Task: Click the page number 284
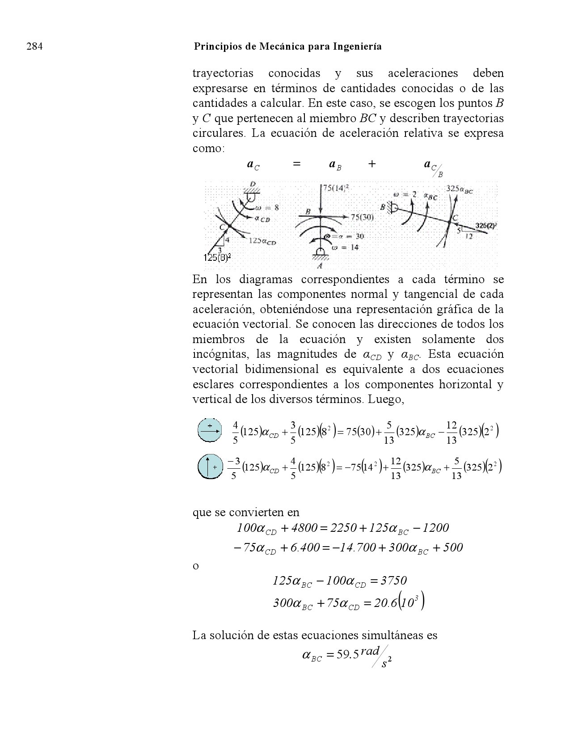(x=34, y=47)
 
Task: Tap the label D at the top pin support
(x=253, y=184)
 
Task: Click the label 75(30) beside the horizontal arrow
(x=362, y=217)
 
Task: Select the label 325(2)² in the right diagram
(x=486, y=226)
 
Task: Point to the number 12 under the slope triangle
(x=469, y=236)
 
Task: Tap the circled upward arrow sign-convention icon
(x=210, y=467)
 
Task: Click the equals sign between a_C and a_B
(x=296, y=164)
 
